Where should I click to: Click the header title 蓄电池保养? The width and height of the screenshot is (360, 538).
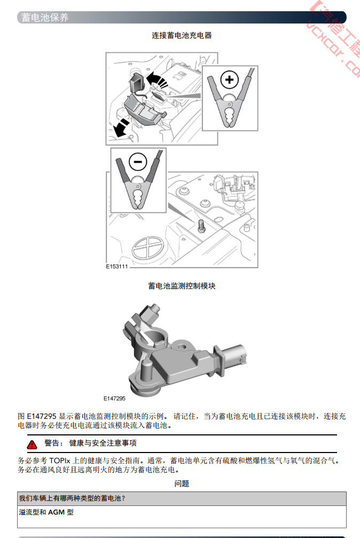pos(45,18)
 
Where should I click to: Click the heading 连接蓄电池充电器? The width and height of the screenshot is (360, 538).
pos(182,35)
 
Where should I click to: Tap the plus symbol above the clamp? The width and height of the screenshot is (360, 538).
pos(230,80)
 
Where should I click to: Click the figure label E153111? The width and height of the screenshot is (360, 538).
pos(116,267)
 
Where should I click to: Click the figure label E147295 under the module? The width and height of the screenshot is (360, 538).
pos(114,398)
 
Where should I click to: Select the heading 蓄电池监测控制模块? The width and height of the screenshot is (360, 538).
pos(182,286)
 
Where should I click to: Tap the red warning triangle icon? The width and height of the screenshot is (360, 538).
pos(33,444)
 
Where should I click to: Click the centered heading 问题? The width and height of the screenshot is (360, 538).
pos(182,484)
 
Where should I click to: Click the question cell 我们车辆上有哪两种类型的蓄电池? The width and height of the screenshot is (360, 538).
pos(72,498)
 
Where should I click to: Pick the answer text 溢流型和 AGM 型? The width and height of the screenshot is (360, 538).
pos(46,512)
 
